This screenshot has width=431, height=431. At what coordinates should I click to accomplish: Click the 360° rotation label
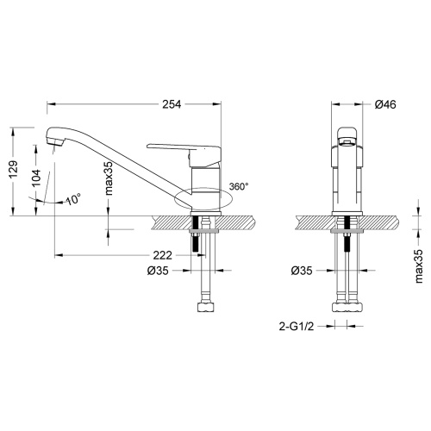pos(239,186)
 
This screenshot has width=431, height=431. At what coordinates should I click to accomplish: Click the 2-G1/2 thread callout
pos(296,327)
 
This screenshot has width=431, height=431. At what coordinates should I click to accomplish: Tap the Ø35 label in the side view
pos(158,271)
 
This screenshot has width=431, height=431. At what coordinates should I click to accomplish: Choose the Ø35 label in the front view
pos(302,271)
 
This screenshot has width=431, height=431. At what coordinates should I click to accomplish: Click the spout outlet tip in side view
pos(53,142)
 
